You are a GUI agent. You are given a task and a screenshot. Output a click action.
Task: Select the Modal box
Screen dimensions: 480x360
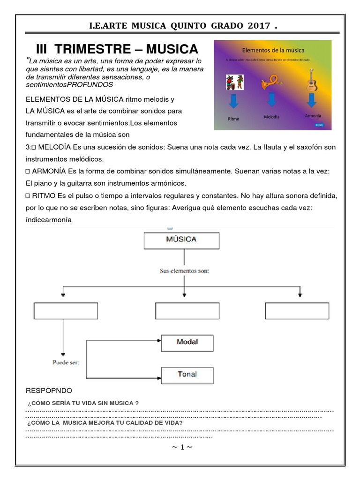tap(187, 342)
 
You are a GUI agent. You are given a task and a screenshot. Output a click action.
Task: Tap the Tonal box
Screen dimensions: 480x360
tap(187, 375)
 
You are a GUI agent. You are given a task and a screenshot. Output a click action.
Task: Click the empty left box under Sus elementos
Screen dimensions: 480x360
tap(66, 311)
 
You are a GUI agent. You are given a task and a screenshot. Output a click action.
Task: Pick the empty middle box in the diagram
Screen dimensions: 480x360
tap(187, 311)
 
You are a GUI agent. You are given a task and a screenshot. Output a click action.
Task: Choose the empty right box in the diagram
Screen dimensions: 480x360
tap(297, 311)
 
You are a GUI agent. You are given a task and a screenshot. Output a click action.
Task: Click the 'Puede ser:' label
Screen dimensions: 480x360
tap(66, 362)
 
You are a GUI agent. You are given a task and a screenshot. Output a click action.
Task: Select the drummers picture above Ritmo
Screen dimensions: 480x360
tap(234, 82)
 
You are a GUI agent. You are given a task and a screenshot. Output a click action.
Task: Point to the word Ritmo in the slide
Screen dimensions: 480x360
tap(233, 119)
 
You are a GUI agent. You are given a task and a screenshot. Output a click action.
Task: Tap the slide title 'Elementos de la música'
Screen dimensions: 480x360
tap(273, 50)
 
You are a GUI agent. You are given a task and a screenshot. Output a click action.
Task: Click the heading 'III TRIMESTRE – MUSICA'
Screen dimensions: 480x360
tap(117, 49)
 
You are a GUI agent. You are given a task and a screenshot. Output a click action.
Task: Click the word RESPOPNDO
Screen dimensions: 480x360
tap(49, 390)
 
